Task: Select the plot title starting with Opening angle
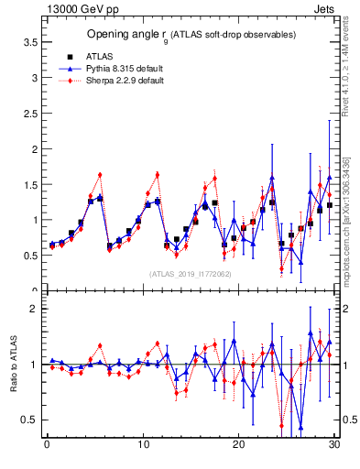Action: (191, 34)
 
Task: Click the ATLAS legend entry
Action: (99, 56)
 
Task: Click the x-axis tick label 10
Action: (142, 446)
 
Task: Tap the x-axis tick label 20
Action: (238, 446)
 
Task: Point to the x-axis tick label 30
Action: (333, 446)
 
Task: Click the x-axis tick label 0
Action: (47, 446)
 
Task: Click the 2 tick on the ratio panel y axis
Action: (34, 309)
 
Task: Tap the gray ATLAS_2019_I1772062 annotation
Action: (191, 273)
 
